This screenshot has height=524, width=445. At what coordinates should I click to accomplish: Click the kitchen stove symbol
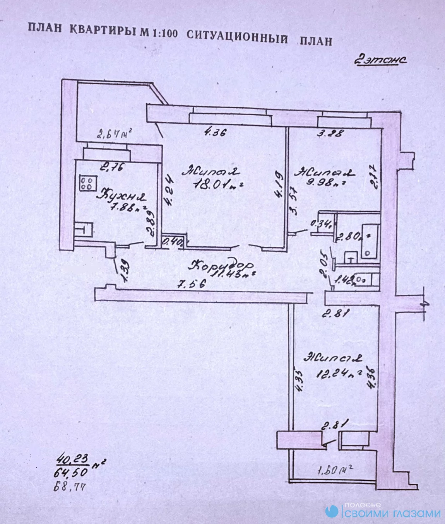coord(87,183)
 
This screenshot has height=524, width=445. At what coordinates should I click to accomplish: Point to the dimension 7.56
coord(191,284)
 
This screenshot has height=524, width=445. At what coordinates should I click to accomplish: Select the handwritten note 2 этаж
coord(380,60)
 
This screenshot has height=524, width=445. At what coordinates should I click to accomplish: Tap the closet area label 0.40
coord(172,242)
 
